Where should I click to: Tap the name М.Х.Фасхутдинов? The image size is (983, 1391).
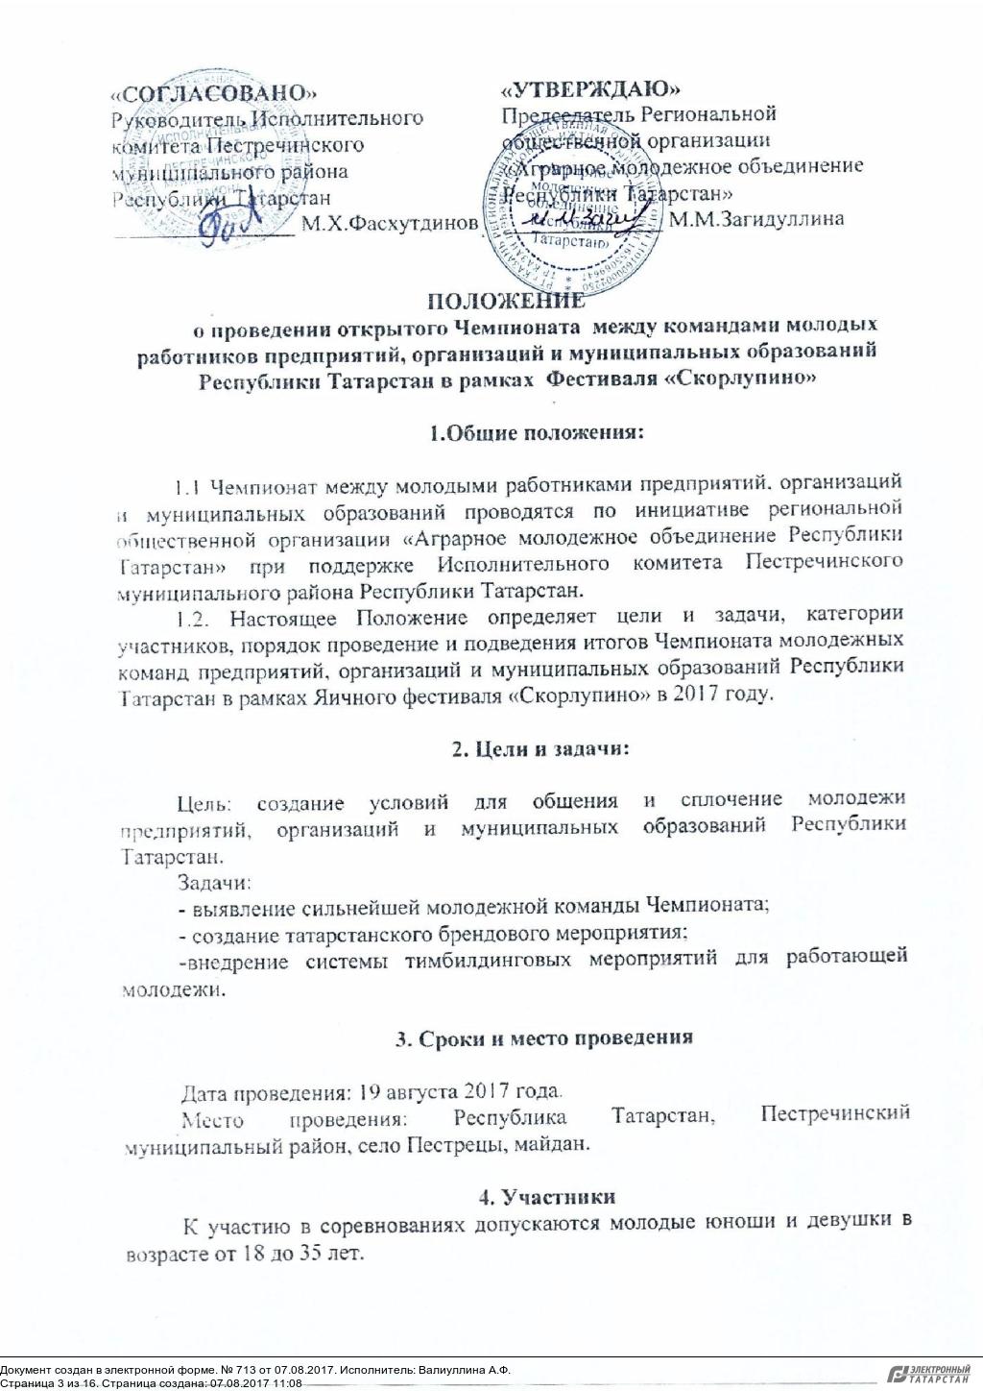[389, 224]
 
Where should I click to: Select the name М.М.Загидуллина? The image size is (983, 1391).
[756, 219]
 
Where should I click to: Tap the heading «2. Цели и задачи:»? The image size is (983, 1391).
[540, 749]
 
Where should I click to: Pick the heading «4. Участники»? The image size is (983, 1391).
[546, 1196]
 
